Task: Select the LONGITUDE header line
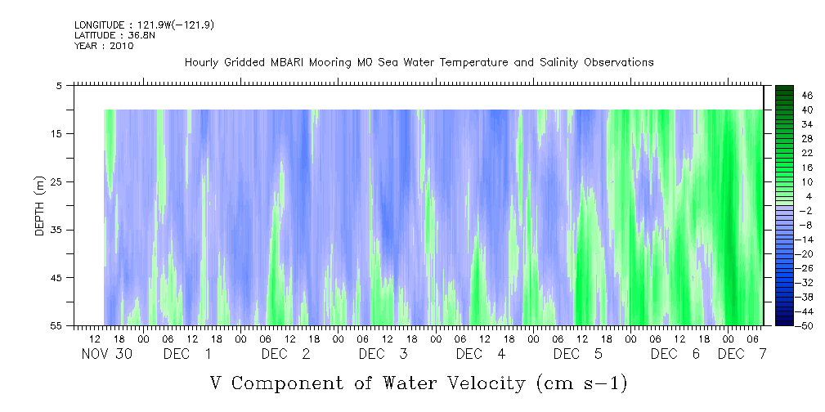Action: click(x=144, y=25)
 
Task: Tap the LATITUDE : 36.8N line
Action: click(x=115, y=35)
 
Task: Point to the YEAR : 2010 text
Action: click(x=104, y=46)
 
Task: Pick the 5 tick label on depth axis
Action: click(x=58, y=86)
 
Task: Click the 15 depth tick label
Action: click(x=56, y=133)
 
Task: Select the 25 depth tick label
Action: click(x=56, y=182)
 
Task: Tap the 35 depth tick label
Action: click(x=56, y=230)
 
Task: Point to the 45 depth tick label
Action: click(x=56, y=278)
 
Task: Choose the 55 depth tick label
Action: click(x=56, y=325)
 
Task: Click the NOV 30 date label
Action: click(x=107, y=354)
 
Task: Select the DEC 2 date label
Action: click(x=285, y=354)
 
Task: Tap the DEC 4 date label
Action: click(x=481, y=354)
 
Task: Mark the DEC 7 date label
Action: click(x=742, y=354)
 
